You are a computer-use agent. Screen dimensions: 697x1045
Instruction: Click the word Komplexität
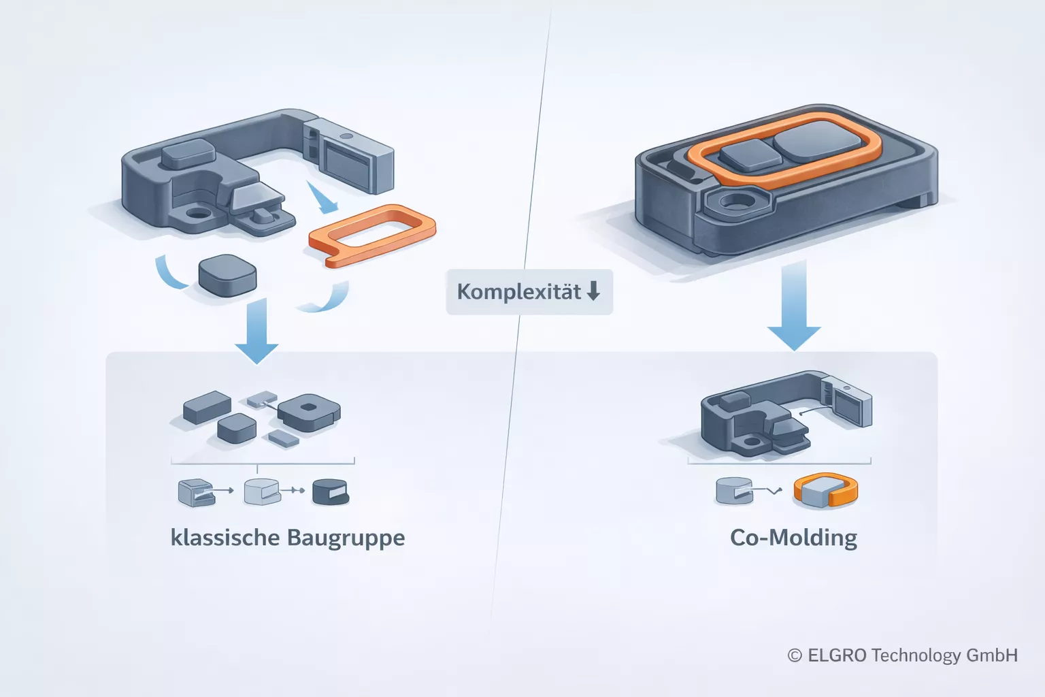tap(518, 292)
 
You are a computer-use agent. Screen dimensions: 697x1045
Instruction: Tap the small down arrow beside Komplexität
tap(593, 291)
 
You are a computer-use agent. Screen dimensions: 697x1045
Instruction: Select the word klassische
tap(225, 538)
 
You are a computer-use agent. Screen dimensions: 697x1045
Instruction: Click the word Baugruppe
tap(346, 538)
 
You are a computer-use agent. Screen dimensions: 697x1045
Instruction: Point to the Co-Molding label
tap(793, 538)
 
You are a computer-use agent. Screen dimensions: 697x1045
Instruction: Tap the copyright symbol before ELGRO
tap(795, 655)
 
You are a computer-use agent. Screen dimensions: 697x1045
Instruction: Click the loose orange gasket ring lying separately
tap(371, 234)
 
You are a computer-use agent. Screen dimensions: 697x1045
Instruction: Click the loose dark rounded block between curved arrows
tap(227, 276)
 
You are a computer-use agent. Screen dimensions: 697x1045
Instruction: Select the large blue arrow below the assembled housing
tap(794, 306)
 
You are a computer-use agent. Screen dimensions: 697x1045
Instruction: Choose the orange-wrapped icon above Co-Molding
tap(826, 490)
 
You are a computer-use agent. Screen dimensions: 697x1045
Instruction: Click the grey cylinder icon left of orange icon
tap(734, 490)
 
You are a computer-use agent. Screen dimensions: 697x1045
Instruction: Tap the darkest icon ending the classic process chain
tap(330, 491)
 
